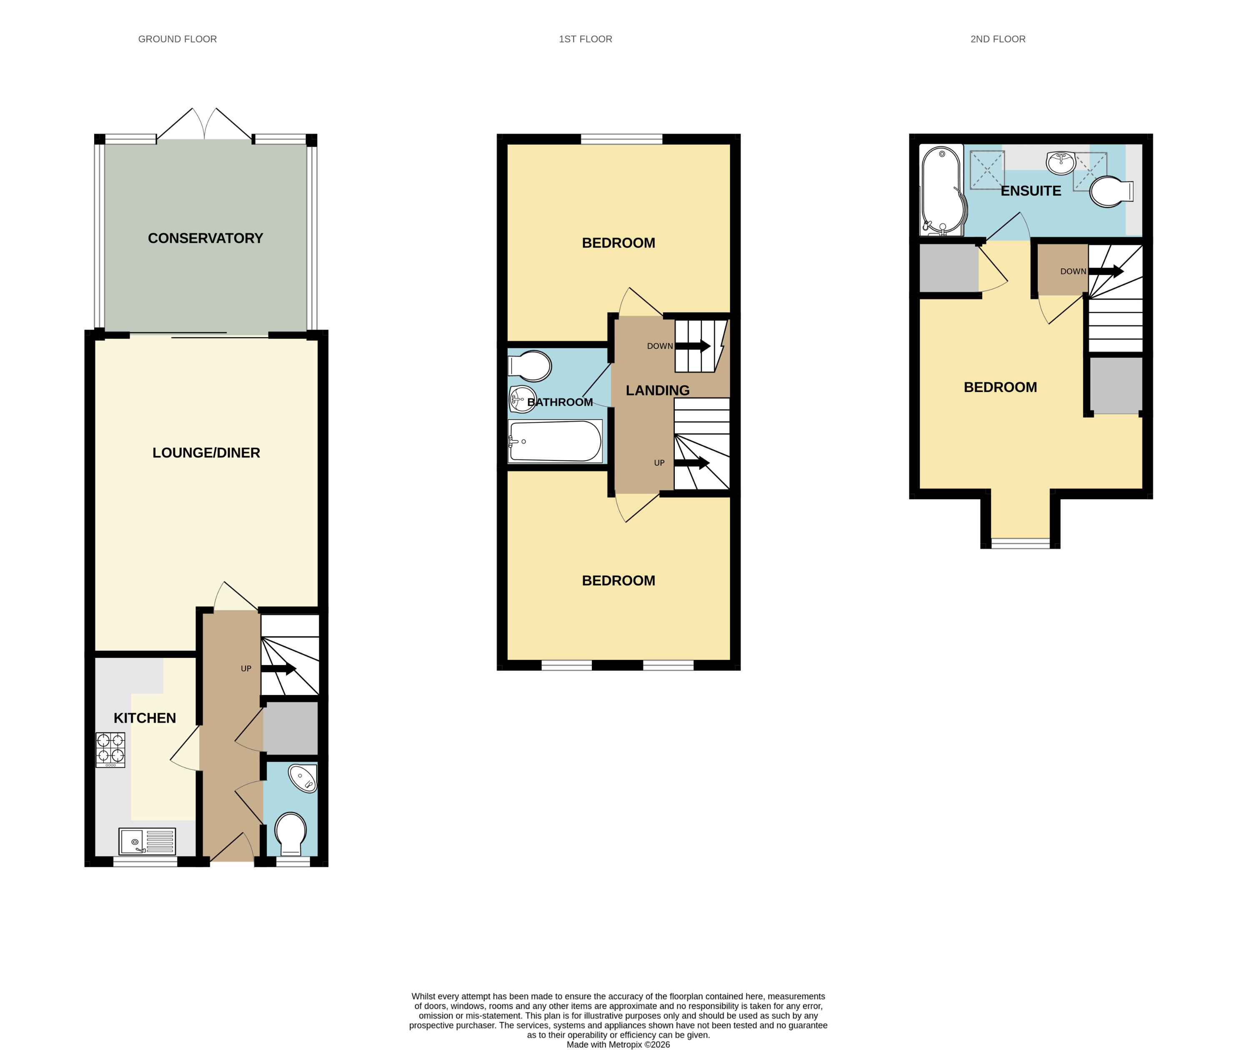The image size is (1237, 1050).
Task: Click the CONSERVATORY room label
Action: tap(205, 238)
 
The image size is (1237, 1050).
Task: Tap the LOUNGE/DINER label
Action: tap(206, 452)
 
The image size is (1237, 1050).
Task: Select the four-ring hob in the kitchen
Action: tap(110, 750)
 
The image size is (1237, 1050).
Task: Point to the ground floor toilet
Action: tap(291, 833)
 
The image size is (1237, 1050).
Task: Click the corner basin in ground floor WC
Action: tap(303, 778)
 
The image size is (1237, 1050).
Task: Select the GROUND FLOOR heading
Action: tap(178, 39)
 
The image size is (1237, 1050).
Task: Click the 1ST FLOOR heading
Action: tap(585, 39)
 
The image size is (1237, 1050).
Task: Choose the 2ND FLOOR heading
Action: tap(998, 39)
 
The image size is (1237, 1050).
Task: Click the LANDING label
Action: tap(657, 390)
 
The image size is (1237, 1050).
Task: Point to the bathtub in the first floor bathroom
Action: tap(555, 441)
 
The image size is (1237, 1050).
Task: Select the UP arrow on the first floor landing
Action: tap(692, 462)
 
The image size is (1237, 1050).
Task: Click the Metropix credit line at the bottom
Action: tap(618, 1044)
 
